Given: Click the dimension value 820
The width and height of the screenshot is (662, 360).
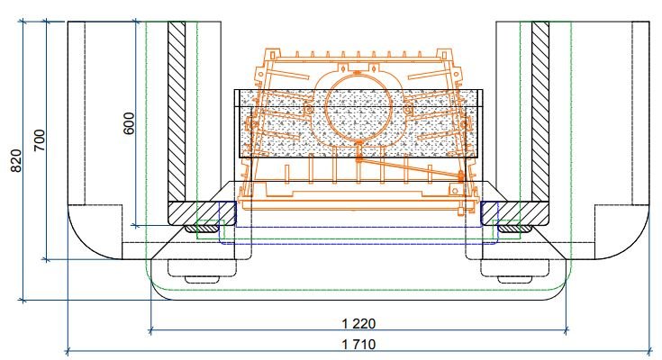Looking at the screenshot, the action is pyautogui.click(x=16, y=161).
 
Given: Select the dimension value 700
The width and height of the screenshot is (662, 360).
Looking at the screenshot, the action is pyautogui.click(x=40, y=140).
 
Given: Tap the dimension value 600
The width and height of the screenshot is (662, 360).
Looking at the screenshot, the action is pyautogui.click(x=129, y=123).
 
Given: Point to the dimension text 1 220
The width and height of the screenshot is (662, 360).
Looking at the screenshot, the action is pyautogui.click(x=358, y=324).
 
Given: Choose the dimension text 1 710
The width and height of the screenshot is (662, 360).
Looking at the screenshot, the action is pyautogui.click(x=358, y=345).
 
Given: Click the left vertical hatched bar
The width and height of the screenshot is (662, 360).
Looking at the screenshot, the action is pyautogui.click(x=177, y=112).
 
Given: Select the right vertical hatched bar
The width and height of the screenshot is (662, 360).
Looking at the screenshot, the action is pyautogui.click(x=540, y=112).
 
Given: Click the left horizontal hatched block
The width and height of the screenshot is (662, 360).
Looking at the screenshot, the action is pyautogui.click(x=202, y=213).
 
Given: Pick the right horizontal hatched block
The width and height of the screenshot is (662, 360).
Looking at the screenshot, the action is pyautogui.click(x=515, y=213).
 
